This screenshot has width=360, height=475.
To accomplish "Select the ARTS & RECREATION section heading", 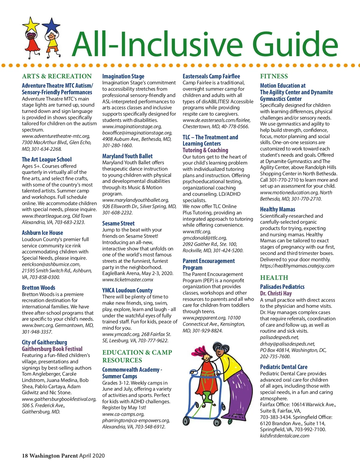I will coord(57,76).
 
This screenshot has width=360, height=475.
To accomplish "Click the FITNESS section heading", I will coord(274,76).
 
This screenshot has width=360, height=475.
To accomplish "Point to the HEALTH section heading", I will coord(274,278).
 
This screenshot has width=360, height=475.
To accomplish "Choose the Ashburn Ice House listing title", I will coord(42,233).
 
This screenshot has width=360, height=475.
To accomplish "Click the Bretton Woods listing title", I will coord(38,288).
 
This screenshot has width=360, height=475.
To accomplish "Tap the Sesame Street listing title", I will coord(118,223).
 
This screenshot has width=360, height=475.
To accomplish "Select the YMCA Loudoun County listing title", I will coord(127,290).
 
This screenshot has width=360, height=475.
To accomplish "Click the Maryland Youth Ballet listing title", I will coord(127,156).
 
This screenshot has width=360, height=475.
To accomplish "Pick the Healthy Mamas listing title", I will coord(277,209).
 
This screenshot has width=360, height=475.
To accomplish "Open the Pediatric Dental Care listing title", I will coord(283,367).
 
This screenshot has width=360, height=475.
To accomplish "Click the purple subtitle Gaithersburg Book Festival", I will coord(52,349).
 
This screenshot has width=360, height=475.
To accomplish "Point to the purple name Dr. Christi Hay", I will coord(276,293).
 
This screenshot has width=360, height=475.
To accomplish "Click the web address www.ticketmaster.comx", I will coord(127,280).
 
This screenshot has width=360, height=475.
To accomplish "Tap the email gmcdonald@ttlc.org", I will coord(205,238).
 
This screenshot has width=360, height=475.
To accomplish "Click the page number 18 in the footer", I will coord(25,456).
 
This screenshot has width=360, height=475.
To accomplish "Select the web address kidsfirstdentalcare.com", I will coord(284,436).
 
